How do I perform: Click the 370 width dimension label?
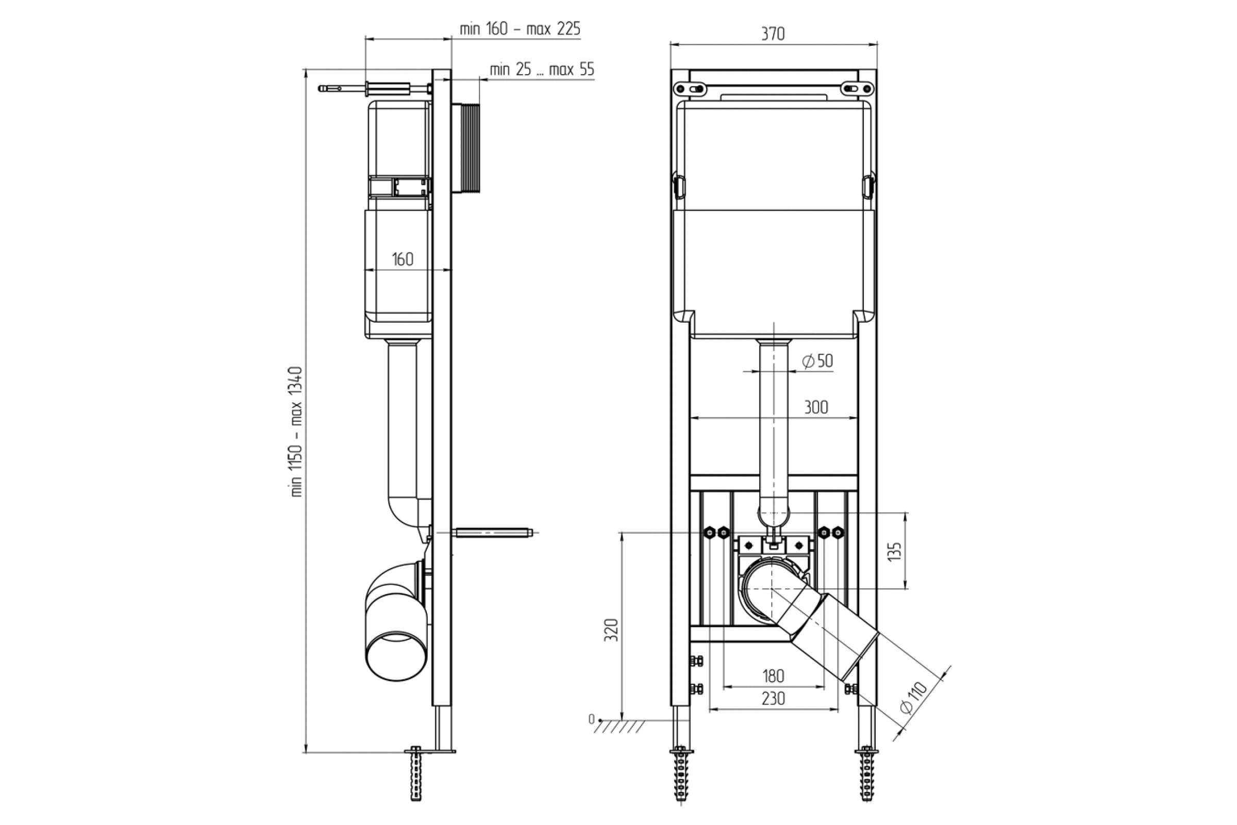click(x=773, y=34)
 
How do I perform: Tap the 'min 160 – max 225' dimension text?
click(x=520, y=29)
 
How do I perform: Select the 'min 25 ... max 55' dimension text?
click(x=542, y=70)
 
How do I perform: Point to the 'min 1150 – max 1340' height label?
click(x=297, y=432)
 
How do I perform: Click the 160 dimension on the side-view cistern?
click(x=403, y=259)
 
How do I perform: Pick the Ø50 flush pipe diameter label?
click(x=817, y=361)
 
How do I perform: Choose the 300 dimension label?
click(x=816, y=407)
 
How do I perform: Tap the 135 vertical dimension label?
click(x=894, y=551)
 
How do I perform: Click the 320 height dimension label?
click(x=611, y=630)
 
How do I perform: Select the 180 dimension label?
click(x=773, y=675)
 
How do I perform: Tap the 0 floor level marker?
click(x=591, y=719)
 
